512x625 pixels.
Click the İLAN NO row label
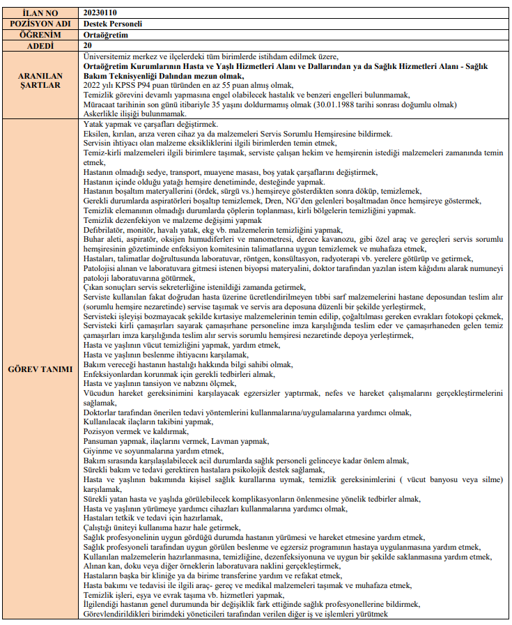(x=40, y=13)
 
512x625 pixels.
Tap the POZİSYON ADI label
(x=40, y=23)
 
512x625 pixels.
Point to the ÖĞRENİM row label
(x=40, y=33)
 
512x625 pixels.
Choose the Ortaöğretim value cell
(x=105, y=33)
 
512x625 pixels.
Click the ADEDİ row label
(x=40, y=45)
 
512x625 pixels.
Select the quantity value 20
(x=87, y=45)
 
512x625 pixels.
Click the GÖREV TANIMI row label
(x=40, y=369)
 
